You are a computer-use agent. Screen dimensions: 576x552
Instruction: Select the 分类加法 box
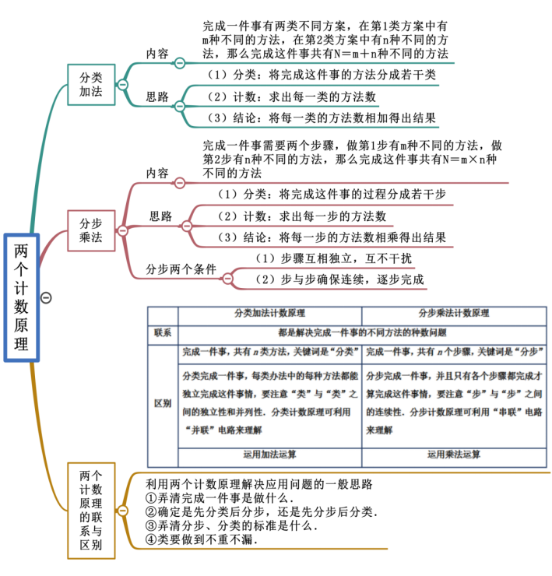[x=91, y=85]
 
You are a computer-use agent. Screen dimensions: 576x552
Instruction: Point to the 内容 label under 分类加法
[x=156, y=54]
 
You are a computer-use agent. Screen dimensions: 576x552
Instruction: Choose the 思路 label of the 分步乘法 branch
[x=160, y=216]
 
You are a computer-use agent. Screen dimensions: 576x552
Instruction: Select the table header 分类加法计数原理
[x=269, y=314]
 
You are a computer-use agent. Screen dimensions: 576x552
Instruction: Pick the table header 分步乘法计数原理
[x=454, y=314]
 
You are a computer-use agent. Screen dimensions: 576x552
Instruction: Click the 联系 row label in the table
[x=163, y=332]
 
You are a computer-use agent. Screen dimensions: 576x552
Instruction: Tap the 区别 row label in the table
[x=163, y=403]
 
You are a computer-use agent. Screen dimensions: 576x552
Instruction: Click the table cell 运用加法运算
[x=269, y=454]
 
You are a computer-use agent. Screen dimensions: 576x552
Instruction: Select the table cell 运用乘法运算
[x=454, y=454]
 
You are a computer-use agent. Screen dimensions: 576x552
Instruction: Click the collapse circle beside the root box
[x=46, y=297]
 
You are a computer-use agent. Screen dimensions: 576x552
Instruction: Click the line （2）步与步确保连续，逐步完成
[x=339, y=279]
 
